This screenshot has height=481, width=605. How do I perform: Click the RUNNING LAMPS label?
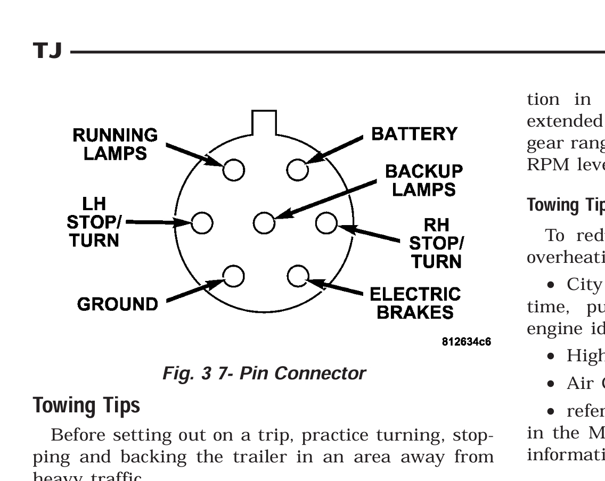pyautogui.click(x=116, y=144)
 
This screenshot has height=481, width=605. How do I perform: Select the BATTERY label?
pyautogui.click(x=414, y=133)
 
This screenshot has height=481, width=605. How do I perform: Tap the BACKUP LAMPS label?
pyautogui.click(x=424, y=180)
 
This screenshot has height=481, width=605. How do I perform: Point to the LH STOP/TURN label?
pyautogui.click(x=94, y=222)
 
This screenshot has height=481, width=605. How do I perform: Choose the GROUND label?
pyautogui.click(x=117, y=304)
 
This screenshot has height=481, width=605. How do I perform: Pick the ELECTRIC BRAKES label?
pyautogui.click(x=415, y=302)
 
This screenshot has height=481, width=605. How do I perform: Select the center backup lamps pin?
pyautogui.click(x=264, y=222)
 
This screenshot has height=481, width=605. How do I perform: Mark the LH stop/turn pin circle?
pyautogui.click(x=202, y=222)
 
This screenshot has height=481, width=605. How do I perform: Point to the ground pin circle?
pyautogui.click(x=233, y=275)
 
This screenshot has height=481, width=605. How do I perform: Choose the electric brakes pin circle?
pyautogui.click(x=297, y=275)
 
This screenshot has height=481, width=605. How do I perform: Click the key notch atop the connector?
pyautogui.click(x=264, y=122)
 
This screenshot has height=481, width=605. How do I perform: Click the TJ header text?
pyautogui.click(x=48, y=52)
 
